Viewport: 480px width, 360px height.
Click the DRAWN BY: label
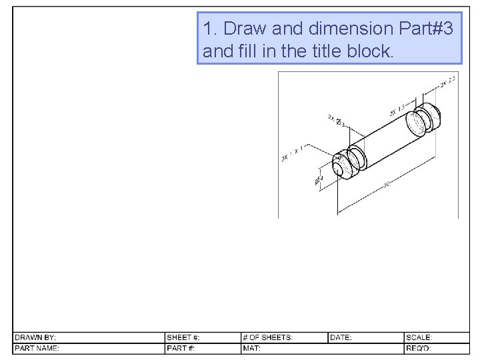pyautogui.click(x=36, y=338)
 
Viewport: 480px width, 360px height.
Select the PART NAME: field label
pyautogui.click(x=37, y=348)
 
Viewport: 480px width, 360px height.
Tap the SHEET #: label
pyautogui.click(x=183, y=338)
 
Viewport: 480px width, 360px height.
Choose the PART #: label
pyautogui.click(x=181, y=348)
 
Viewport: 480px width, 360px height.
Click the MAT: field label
pyautogui.click(x=251, y=348)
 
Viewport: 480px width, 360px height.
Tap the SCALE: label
pyautogui.click(x=419, y=338)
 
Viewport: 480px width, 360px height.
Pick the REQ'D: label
pyautogui.click(x=419, y=348)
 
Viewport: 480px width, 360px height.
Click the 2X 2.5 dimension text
pyautogui.click(x=447, y=82)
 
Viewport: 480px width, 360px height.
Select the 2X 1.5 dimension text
pyautogui.click(x=396, y=110)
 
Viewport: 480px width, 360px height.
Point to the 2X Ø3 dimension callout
pyautogui.click(x=336, y=120)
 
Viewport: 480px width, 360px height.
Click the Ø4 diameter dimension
pyautogui.click(x=319, y=180)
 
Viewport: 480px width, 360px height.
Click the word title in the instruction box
pyautogui.click(x=327, y=51)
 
